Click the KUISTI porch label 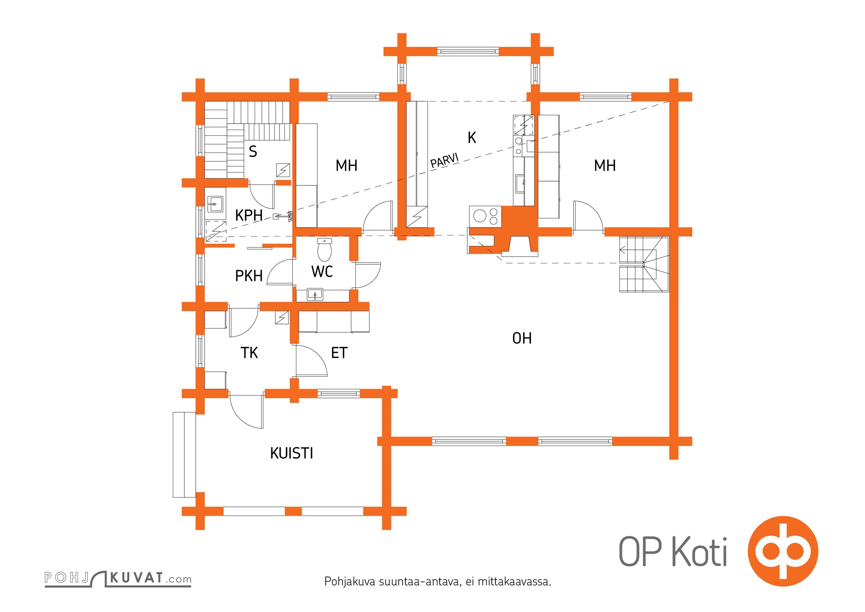click(x=291, y=453)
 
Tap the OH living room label click(x=522, y=338)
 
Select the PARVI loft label click(x=444, y=161)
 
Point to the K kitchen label click(x=472, y=137)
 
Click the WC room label click(x=322, y=272)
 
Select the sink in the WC click(x=315, y=295)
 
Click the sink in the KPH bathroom click(x=215, y=204)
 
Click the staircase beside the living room click(x=644, y=264)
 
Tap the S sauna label click(x=253, y=151)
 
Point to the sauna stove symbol click(x=283, y=170)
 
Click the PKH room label click(x=249, y=276)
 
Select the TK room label click(x=249, y=353)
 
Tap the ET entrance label click(x=339, y=353)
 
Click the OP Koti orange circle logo click(x=783, y=551)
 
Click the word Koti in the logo click(x=699, y=551)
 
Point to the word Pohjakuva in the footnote click(x=350, y=582)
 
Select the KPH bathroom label click(x=249, y=215)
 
